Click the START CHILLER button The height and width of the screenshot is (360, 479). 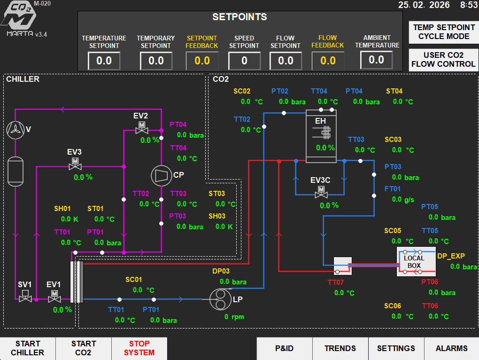[x=27, y=348]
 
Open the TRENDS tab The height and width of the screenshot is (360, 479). [x=340, y=348]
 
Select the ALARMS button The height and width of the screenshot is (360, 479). [x=451, y=348]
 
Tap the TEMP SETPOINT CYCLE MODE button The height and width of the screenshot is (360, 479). [x=444, y=32]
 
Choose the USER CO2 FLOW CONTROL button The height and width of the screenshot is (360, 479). [x=444, y=60]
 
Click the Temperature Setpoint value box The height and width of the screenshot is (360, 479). [x=104, y=61]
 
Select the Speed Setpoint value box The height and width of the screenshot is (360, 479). [x=244, y=61]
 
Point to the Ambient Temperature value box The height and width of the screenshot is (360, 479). [x=377, y=60]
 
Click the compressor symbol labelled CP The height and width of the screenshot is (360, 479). [x=161, y=175]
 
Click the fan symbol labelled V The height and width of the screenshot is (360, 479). [x=15, y=129]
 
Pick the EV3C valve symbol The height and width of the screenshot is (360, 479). [x=322, y=191]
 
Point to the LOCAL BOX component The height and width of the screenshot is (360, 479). [x=414, y=262]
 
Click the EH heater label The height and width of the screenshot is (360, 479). [x=320, y=121]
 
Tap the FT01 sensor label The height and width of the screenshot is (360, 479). [x=393, y=189]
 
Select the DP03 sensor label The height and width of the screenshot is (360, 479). [x=221, y=271]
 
